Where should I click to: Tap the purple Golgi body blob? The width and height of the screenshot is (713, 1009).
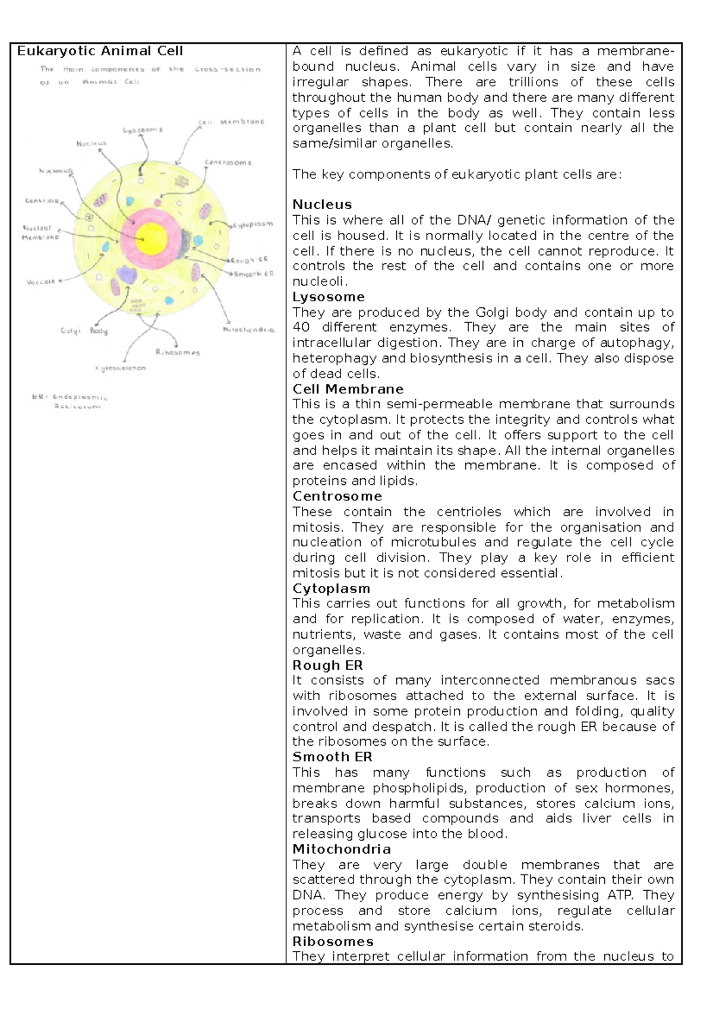tap(126, 275)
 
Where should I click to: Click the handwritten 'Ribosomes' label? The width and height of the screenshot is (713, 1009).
tap(178, 352)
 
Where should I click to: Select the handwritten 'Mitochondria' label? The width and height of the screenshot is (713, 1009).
tap(248, 329)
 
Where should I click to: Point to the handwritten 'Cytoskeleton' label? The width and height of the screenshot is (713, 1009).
tap(120, 368)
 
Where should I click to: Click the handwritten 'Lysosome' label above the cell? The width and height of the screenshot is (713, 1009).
tap(143, 130)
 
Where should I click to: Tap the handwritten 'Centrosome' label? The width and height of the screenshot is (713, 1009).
tap(228, 162)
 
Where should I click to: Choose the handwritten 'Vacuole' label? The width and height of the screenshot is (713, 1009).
tap(40, 282)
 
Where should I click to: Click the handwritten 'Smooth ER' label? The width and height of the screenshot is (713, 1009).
tap(254, 274)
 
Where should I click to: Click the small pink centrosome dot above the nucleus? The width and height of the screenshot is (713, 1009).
tap(158, 203)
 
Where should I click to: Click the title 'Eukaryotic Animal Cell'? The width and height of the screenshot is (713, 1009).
tap(100, 51)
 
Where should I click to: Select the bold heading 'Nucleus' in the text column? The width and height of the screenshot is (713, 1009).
tap(322, 204)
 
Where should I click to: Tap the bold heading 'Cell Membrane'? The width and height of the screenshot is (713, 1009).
tap(348, 389)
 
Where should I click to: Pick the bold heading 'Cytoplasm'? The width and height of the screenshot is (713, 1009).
tap(331, 588)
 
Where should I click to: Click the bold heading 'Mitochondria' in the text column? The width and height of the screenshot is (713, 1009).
tap(341, 849)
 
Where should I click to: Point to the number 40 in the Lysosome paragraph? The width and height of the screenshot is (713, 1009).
tap(302, 327)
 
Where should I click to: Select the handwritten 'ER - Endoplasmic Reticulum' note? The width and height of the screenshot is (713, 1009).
tap(70, 402)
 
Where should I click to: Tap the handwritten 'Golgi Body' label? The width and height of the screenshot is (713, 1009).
tap(84, 330)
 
